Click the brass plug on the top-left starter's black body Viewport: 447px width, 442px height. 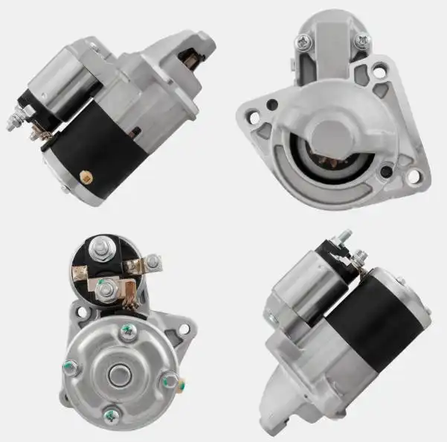tap(84, 176)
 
